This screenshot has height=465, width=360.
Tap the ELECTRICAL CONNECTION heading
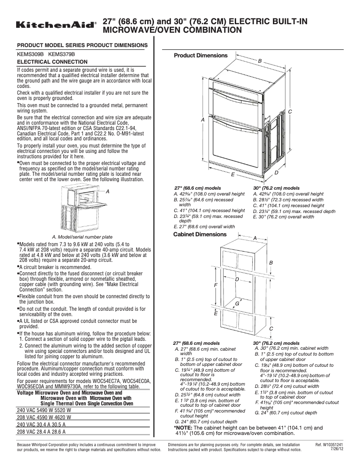[52, 61]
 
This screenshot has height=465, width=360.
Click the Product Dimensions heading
[201, 56]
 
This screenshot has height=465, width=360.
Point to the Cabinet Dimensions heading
[200, 234]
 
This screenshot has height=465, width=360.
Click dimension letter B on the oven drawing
[259, 60]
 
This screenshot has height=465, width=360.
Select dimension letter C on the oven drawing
[290, 111]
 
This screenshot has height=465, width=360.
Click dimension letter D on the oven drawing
[276, 172]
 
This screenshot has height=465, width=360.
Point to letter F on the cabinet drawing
[215, 285]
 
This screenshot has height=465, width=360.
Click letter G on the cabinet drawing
[237, 304]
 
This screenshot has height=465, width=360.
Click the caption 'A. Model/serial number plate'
[83, 237]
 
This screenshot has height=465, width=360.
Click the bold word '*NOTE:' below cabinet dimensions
[184, 428]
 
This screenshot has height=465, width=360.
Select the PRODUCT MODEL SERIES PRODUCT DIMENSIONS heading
[82, 45]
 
